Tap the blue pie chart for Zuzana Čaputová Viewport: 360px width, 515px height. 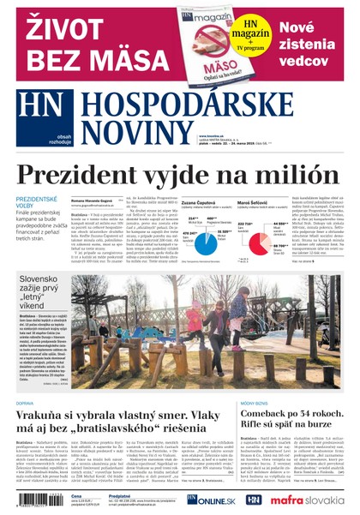point(207,244)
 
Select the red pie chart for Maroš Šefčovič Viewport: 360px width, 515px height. point(259,244)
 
